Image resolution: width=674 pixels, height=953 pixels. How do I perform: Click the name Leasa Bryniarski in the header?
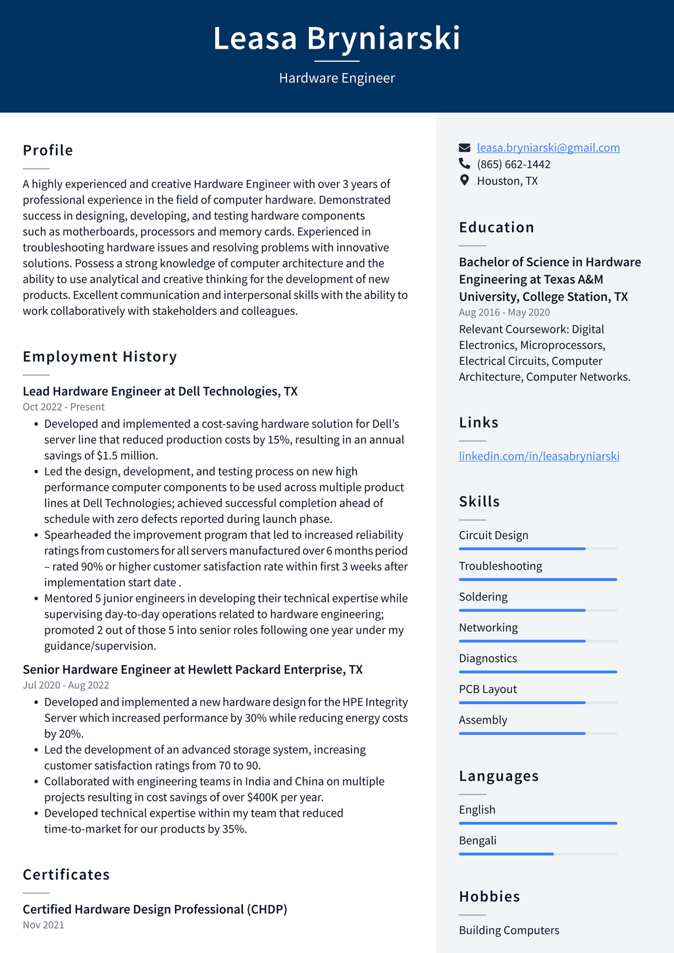(336, 38)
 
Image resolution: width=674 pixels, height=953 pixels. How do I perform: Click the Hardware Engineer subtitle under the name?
(336, 78)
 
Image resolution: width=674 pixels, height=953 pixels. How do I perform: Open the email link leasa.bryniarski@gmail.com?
(548, 148)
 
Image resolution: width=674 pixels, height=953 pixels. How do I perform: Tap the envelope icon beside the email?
(465, 148)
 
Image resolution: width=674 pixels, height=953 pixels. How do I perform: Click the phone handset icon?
(465, 164)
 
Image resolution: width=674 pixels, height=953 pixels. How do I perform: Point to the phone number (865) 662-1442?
(513, 164)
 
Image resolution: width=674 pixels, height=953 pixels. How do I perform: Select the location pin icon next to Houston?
(465, 180)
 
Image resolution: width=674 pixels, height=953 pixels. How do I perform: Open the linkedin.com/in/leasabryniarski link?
(539, 456)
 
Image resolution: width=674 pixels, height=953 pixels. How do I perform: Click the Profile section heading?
(48, 150)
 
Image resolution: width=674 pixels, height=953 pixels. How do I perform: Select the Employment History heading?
(100, 356)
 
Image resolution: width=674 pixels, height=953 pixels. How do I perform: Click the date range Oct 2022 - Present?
(64, 407)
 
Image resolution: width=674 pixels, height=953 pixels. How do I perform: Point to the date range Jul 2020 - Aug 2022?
(66, 685)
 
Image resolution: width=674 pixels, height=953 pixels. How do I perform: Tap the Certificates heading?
(66, 875)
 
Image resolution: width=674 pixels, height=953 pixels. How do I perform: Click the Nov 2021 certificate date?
(43, 925)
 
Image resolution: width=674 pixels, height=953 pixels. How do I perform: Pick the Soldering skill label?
(483, 597)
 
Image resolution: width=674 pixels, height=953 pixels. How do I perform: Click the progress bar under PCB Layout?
(538, 703)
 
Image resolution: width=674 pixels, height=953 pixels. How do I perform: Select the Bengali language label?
(478, 840)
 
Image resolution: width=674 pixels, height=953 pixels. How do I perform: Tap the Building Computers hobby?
(509, 930)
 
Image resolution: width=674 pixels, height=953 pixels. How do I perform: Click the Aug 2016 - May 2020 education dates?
(504, 312)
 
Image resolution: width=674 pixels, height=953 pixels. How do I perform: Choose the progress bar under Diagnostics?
(538, 672)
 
